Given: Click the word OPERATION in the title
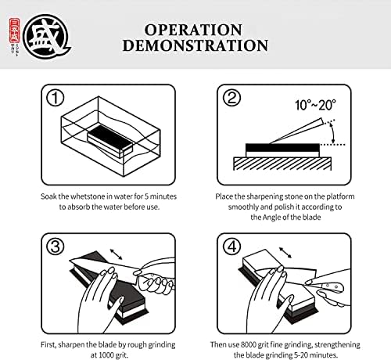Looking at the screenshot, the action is (x=193, y=30).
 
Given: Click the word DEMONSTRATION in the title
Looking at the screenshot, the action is (x=195, y=45).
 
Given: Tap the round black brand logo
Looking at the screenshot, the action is (x=46, y=36).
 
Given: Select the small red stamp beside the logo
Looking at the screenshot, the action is (x=14, y=31).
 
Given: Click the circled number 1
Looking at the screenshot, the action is (x=55, y=98).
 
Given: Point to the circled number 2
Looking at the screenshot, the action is (x=231, y=98).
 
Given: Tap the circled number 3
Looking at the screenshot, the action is (x=55, y=247).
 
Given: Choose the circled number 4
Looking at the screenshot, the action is (x=231, y=247).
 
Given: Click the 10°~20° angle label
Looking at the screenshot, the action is (x=315, y=105).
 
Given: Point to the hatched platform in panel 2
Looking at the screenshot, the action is (x=282, y=164).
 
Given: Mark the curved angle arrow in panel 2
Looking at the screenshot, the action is (x=333, y=133).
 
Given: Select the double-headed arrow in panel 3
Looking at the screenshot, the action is (x=117, y=254).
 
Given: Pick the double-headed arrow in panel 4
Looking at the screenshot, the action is (x=285, y=253).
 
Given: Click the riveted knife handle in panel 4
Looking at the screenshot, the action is (x=330, y=287).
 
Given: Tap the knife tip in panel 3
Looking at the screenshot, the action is (x=70, y=260).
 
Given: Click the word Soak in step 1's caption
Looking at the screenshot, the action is (x=48, y=196).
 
